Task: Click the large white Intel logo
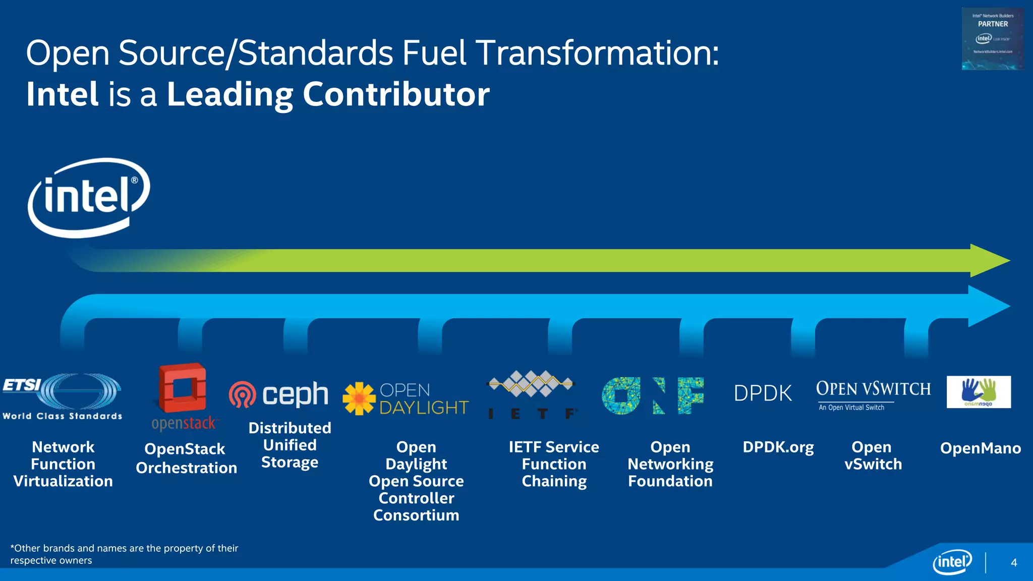click(x=89, y=198)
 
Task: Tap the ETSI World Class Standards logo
click(x=63, y=396)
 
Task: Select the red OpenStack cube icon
click(x=183, y=387)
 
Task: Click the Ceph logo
click(x=278, y=394)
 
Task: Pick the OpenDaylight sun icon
click(x=359, y=398)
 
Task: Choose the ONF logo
click(x=653, y=396)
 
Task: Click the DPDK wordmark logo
click(x=763, y=393)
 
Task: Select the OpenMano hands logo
click(x=979, y=392)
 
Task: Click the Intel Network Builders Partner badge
click(x=993, y=38)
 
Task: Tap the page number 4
click(x=1014, y=562)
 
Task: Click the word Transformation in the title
click(x=597, y=52)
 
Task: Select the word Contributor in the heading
click(x=396, y=94)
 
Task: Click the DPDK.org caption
click(x=778, y=447)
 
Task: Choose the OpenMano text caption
click(x=981, y=448)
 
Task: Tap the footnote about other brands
click(x=124, y=554)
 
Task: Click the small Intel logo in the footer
click(x=952, y=562)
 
